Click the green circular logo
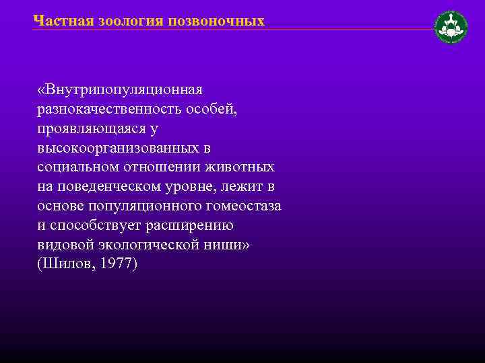(x=451, y=27)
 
